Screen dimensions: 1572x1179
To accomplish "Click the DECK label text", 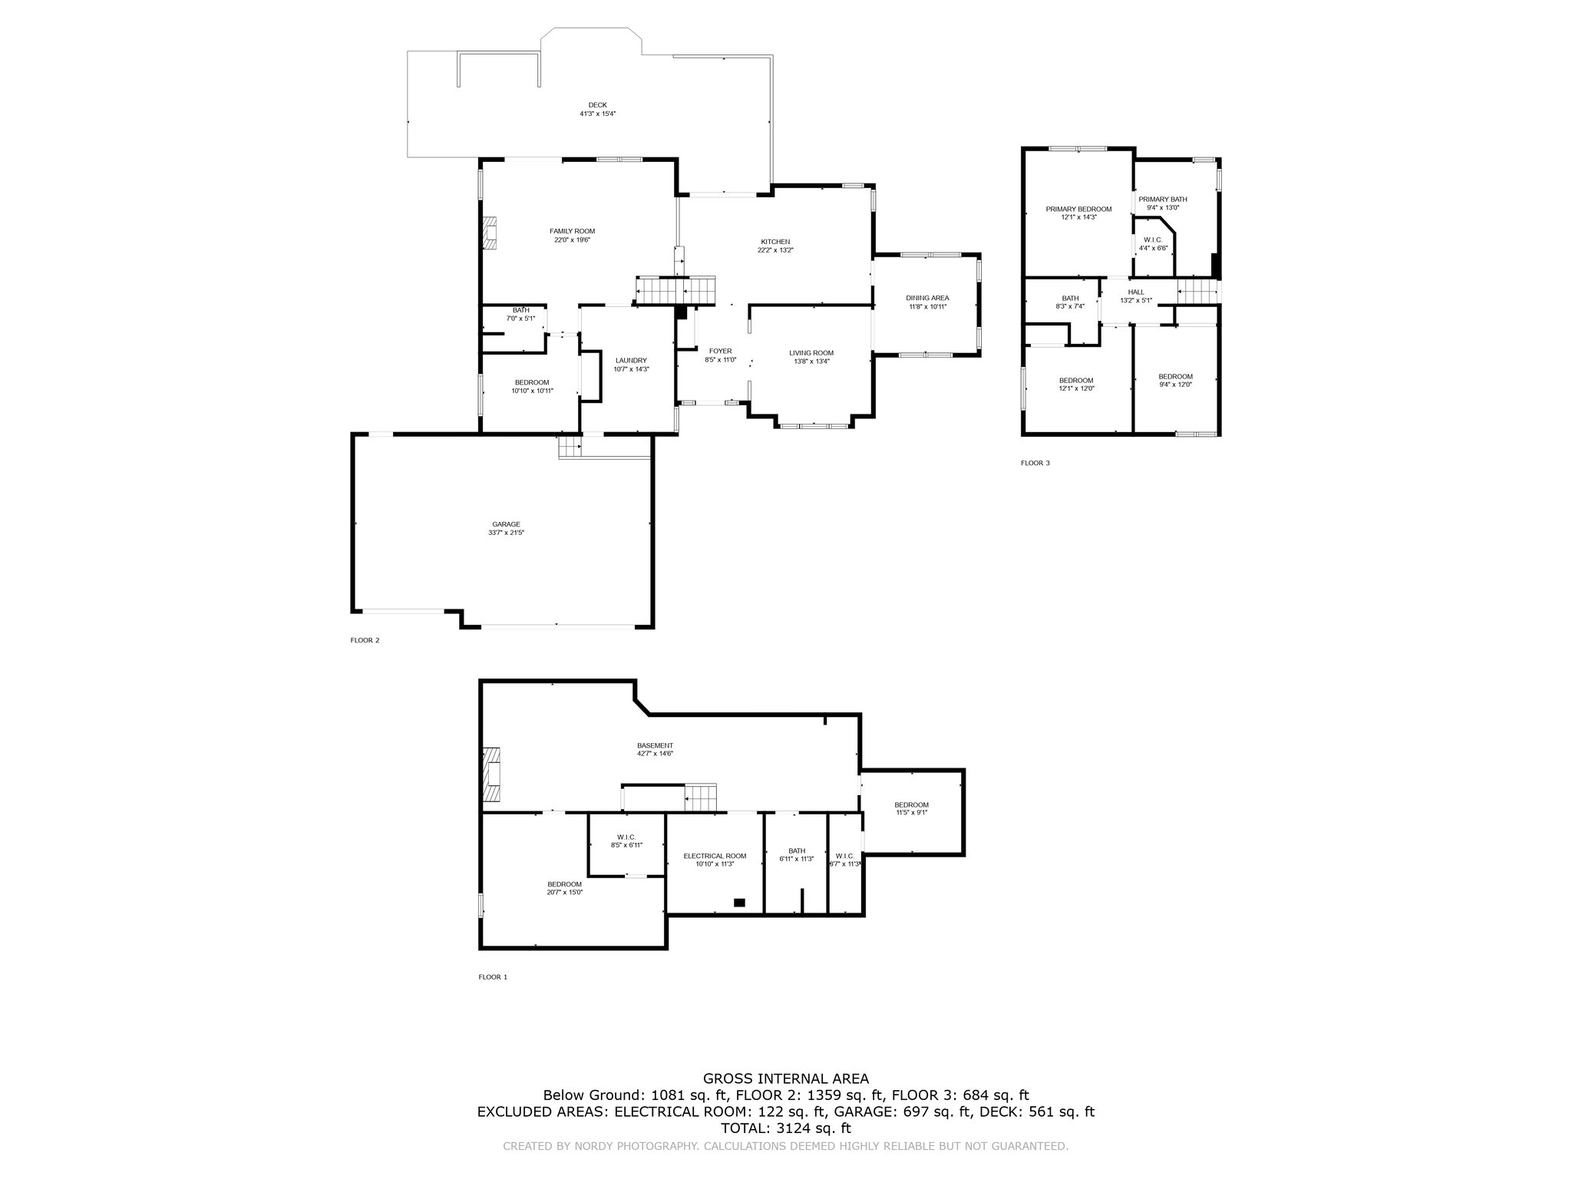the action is (x=597, y=105).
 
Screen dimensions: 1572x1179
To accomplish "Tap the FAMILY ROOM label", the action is (x=572, y=231).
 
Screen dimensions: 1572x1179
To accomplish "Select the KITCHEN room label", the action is (x=775, y=242).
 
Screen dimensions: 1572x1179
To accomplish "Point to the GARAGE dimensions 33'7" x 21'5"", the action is (x=506, y=533).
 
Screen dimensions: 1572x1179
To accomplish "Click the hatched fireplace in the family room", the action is (x=490, y=233).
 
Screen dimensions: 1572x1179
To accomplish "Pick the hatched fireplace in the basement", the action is (x=490, y=775).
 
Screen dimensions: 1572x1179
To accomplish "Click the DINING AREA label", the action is (x=927, y=298).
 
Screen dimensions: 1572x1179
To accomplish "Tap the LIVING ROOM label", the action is (x=811, y=353).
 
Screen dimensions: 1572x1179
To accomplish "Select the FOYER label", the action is (x=720, y=351).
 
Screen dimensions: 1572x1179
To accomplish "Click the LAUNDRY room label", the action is (x=631, y=361).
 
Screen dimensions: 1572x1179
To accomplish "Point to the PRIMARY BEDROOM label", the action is (x=1078, y=209).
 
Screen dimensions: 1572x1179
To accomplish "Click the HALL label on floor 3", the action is (x=1136, y=292).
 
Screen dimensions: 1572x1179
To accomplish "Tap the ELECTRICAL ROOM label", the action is (x=715, y=856).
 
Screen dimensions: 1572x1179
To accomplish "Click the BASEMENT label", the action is (x=655, y=745).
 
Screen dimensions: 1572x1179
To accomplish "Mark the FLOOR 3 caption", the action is (x=1035, y=463).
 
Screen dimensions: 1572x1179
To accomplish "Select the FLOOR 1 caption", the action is (x=493, y=977).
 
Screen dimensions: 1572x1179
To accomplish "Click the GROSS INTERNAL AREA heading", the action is (x=786, y=1078).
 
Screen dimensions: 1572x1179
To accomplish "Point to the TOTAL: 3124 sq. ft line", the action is (x=786, y=1128).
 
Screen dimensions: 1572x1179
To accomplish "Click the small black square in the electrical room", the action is (x=739, y=902).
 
